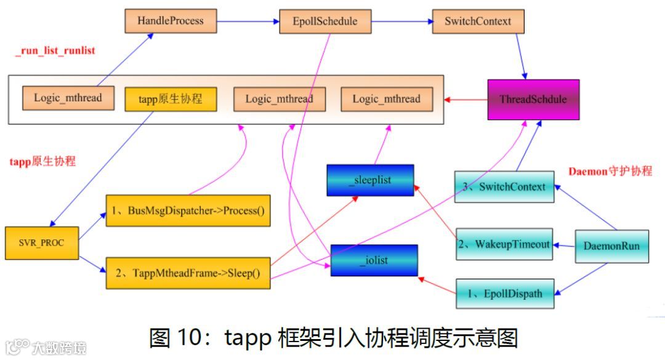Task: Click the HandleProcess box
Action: (170, 22)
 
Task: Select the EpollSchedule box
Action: (325, 22)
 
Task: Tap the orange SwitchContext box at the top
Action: (478, 22)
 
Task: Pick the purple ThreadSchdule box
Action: (533, 99)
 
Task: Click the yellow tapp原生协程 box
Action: (171, 98)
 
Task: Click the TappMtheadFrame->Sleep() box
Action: (188, 273)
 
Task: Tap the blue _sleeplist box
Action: (370, 180)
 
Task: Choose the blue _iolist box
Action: (374, 260)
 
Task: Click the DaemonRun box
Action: (611, 246)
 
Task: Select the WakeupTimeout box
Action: (504, 244)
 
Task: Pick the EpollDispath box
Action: (504, 294)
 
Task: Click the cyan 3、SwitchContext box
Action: (504, 187)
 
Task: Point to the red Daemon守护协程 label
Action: (610, 172)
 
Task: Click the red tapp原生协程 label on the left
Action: (43, 161)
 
